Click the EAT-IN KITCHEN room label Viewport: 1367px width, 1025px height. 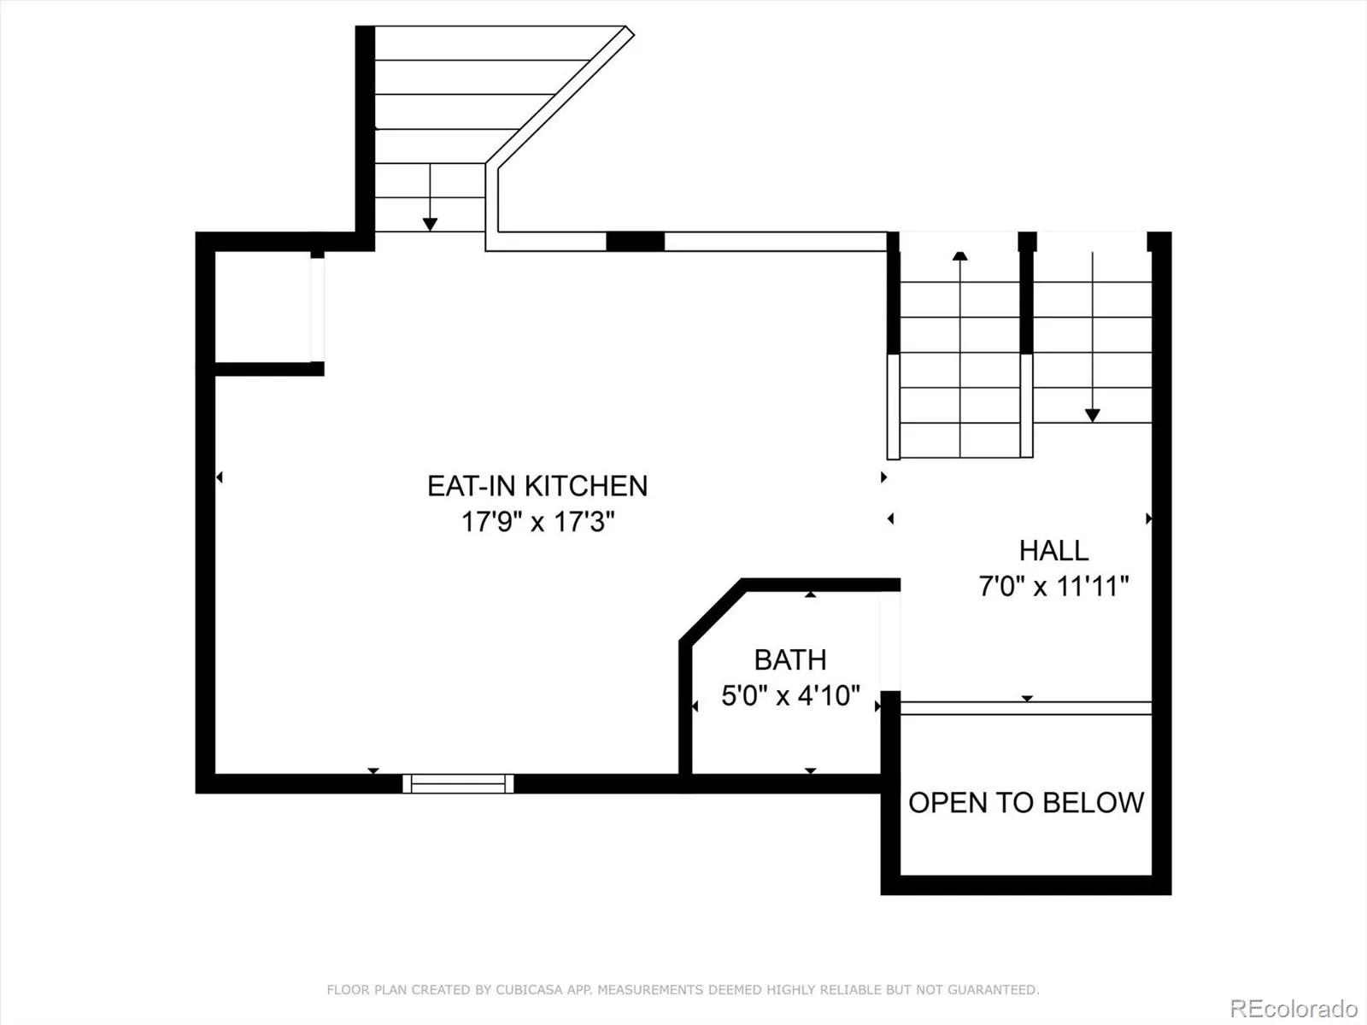click(x=537, y=486)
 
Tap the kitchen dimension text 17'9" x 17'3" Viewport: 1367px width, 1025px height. click(x=537, y=522)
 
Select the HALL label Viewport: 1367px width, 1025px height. click(x=1053, y=550)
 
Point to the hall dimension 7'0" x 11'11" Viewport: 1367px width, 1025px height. click(x=1053, y=586)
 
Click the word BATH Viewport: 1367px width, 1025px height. click(x=790, y=659)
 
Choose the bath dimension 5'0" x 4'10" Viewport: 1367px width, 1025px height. click(x=790, y=696)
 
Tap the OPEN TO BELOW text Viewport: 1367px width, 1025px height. click(x=1026, y=803)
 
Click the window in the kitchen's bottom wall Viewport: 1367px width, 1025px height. click(x=458, y=783)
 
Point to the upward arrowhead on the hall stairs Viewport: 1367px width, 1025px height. click(x=959, y=255)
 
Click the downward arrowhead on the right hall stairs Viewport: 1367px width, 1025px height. click(x=1093, y=415)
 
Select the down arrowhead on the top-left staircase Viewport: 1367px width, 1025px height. click(x=430, y=224)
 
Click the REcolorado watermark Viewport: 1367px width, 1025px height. click(x=1294, y=1008)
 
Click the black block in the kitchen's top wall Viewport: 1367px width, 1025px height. click(x=636, y=242)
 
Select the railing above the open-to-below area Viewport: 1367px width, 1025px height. click(x=1026, y=707)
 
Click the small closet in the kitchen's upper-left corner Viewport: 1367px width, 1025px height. click(x=263, y=306)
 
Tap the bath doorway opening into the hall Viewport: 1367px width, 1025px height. click(x=890, y=641)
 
